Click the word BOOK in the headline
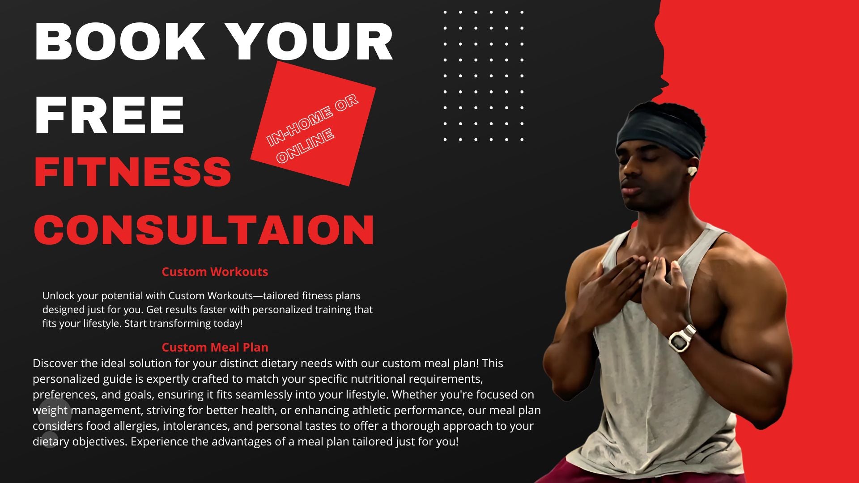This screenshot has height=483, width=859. click(x=120, y=41)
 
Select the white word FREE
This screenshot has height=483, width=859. click(x=109, y=115)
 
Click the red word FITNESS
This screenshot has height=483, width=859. click(x=133, y=172)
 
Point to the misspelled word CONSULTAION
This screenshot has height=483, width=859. click(x=204, y=230)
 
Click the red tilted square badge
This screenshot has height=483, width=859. click(x=313, y=123)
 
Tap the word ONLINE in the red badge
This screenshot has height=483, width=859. click(x=306, y=146)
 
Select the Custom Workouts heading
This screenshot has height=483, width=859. click(x=215, y=271)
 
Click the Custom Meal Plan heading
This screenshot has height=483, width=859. click(x=215, y=347)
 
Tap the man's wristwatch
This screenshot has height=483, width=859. click(x=682, y=339)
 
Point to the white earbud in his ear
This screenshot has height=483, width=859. click(x=691, y=171)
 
